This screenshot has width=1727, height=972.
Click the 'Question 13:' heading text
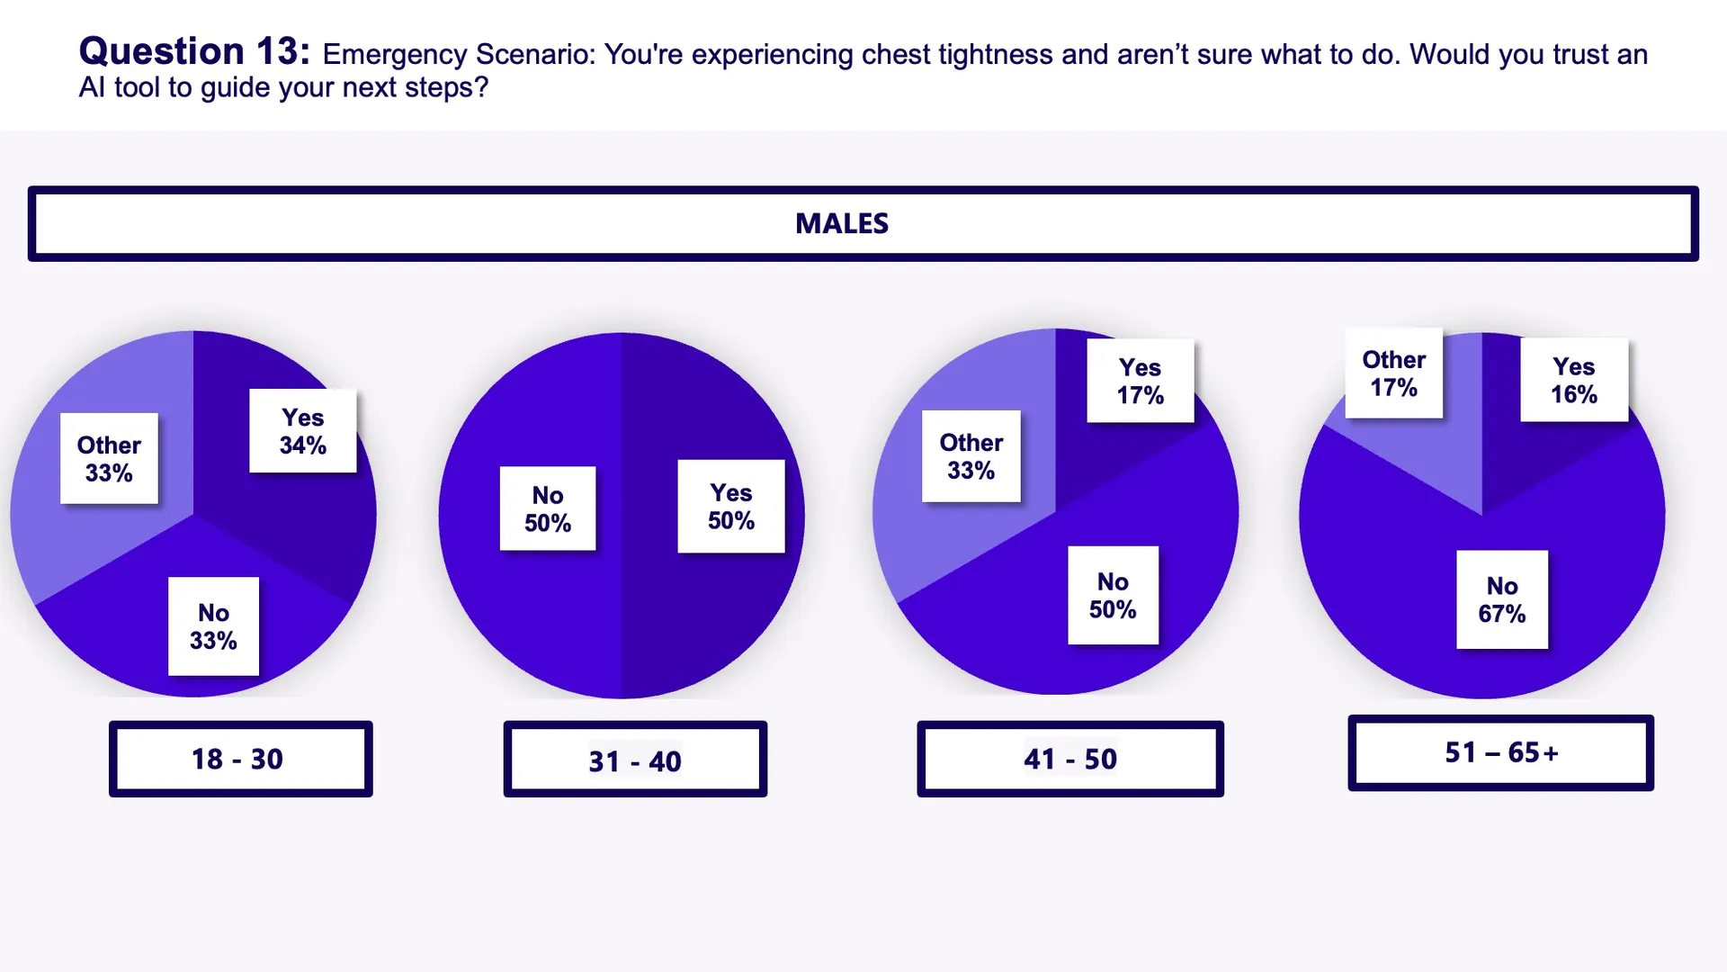point(194,51)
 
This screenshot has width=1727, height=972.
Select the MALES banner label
point(842,223)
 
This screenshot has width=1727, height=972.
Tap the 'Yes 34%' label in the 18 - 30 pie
point(303,431)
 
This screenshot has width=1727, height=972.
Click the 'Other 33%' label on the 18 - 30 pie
point(109,458)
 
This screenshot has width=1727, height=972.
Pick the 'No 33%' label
point(213,626)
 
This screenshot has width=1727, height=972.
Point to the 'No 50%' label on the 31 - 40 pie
point(548,508)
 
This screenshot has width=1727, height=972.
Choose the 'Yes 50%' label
point(731,506)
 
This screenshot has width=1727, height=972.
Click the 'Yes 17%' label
point(1141,381)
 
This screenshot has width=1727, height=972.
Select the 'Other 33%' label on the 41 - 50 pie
point(971,456)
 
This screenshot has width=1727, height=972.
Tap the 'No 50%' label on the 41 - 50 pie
point(1113,595)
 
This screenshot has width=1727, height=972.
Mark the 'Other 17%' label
point(1393,373)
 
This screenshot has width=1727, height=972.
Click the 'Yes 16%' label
point(1574,380)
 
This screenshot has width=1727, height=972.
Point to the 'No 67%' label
point(1502,599)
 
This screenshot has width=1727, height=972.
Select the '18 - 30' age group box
point(240,759)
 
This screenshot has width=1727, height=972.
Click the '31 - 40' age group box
point(635,760)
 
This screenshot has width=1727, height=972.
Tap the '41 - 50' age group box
point(1070,759)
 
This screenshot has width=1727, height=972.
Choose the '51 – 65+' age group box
point(1500,752)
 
